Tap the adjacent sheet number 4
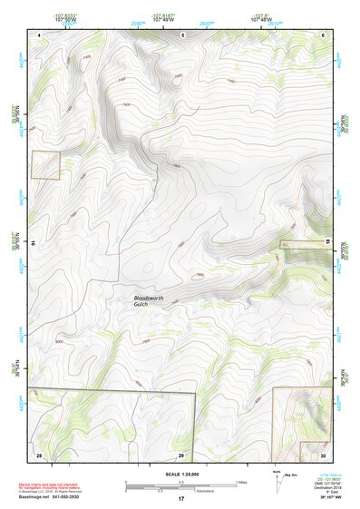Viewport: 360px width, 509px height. [40, 34]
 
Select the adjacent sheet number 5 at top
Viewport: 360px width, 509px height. [183, 34]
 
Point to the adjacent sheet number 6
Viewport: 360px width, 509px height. [324, 34]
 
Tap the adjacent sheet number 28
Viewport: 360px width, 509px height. [38, 454]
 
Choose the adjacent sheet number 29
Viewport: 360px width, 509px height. [181, 454]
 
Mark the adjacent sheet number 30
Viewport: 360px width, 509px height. [323, 454]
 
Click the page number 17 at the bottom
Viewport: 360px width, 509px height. [180, 499]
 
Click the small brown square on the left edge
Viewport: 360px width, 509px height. [45, 165]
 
